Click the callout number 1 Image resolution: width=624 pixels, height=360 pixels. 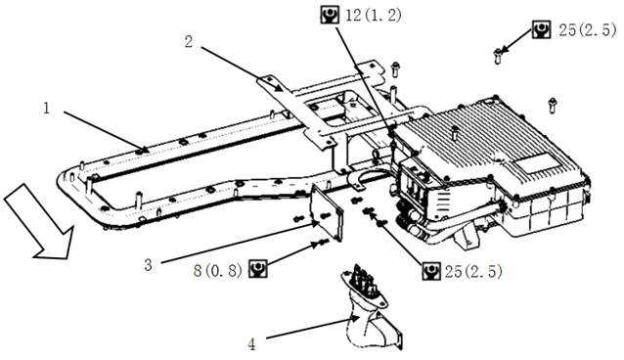(47, 108)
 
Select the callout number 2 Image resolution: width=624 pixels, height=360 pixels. (189, 41)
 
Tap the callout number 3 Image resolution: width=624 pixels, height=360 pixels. (148, 265)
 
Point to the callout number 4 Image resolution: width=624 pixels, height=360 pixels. (252, 344)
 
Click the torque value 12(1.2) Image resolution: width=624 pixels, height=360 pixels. (374, 16)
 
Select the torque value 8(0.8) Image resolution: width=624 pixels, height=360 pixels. (218, 271)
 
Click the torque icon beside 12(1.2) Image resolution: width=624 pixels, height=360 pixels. (330, 15)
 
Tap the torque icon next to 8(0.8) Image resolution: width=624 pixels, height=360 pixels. (258, 269)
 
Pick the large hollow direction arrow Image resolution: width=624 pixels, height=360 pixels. (40, 222)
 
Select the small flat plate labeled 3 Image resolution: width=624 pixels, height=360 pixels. (327, 213)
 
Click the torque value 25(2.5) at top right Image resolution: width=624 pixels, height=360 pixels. (587, 30)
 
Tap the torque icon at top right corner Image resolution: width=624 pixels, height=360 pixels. (541, 29)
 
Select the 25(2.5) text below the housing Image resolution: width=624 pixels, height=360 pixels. (473, 272)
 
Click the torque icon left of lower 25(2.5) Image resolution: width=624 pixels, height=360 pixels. (431, 271)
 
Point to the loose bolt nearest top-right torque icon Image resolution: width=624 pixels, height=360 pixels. (497, 56)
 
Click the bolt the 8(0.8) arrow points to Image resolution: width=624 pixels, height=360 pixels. (323, 242)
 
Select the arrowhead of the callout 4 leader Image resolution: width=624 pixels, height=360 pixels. (355, 319)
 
